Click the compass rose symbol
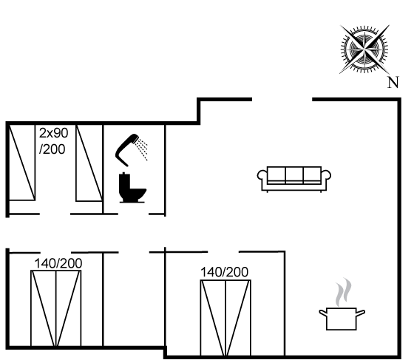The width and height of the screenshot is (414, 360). tap(364, 49)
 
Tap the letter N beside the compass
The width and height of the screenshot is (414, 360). tap(393, 82)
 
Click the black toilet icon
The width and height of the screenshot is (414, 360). tap(132, 188)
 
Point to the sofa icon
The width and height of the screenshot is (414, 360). tap(294, 179)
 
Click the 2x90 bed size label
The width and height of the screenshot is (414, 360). tap(53, 133)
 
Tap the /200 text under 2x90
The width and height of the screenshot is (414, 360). tap(52, 149)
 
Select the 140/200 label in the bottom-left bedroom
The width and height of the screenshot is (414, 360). tap(58, 263)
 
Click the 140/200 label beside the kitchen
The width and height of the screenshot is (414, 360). tap(224, 272)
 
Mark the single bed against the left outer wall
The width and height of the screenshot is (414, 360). tap(22, 163)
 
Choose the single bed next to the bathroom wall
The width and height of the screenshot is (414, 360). tap(89, 163)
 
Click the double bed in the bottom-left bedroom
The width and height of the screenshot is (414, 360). tap(56, 308)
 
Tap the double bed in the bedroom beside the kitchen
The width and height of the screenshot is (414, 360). tap(225, 318)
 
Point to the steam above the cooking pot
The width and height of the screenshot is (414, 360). tap(344, 292)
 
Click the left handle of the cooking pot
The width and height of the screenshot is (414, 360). tap(323, 313)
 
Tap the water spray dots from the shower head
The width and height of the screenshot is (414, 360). tap(141, 149)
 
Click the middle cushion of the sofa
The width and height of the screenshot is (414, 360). tap(294, 174)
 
